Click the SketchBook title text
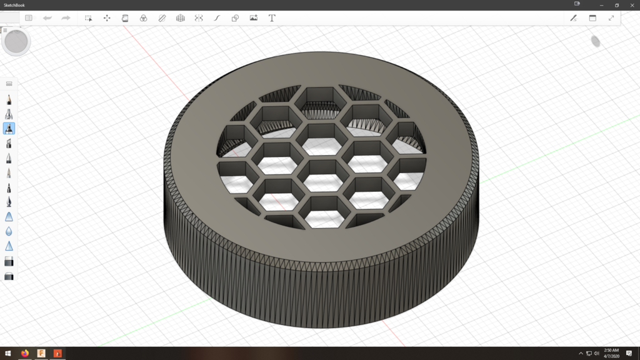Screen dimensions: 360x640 click(x=16, y=4)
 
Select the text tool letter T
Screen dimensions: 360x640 click(x=272, y=18)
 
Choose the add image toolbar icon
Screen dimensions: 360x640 click(x=253, y=18)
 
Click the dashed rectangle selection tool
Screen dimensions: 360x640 click(x=89, y=18)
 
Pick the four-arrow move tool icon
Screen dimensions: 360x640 click(x=107, y=18)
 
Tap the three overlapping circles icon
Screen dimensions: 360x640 click(x=143, y=18)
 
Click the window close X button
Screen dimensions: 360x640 click(x=631, y=4)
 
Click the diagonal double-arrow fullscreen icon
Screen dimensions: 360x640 click(x=611, y=18)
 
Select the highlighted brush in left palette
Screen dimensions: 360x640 click(x=9, y=128)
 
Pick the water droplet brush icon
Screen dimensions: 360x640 click(x=9, y=231)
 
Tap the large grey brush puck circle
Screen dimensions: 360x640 click(x=16, y=42)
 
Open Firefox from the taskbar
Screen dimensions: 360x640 click(x=25, y=353)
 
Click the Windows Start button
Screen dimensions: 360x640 click(x=8, y=353)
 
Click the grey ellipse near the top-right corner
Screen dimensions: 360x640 click(x=596, y=41)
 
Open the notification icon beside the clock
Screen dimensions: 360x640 click(x=629, y=353)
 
